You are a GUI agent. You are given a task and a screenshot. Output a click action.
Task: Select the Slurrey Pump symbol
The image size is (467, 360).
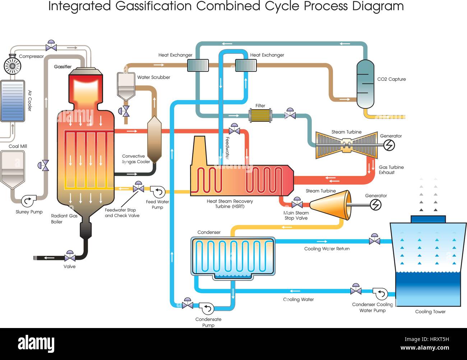[27, 201]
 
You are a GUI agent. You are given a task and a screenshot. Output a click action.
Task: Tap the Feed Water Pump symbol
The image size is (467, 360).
[157, 192]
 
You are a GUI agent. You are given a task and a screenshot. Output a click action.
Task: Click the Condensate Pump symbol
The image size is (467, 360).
[207, 308]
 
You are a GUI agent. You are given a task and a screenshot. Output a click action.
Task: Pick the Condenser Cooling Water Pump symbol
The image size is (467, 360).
[380, 294]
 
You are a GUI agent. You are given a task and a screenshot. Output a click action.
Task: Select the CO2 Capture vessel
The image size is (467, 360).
[365, 84]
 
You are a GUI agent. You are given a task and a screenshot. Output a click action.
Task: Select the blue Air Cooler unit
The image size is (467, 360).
[13, 101]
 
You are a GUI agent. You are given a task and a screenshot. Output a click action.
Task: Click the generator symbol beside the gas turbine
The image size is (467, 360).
[389, 145]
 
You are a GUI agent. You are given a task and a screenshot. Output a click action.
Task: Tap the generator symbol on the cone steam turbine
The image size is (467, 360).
[375, 205]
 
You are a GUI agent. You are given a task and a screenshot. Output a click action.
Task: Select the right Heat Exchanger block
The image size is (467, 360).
[246, 65]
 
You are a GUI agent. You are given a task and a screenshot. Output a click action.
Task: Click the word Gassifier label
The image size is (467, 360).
[63, 67]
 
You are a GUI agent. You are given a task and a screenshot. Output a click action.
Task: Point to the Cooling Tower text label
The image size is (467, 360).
[430, 311]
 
